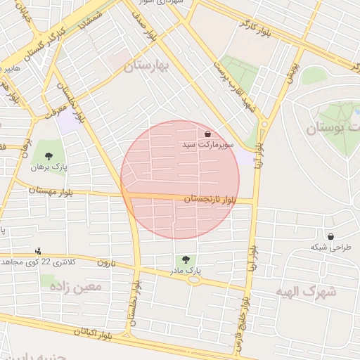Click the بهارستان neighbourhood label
(x=148, y=67)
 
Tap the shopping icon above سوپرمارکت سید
(x=207, y=133)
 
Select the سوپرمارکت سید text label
(x=207, y=144)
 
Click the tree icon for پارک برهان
(x=49, y=156)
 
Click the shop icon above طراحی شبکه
(x=330, y=236)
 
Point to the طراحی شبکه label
(x=331, y=247)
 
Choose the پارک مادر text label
(x=186, y=270)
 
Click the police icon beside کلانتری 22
(x=38, y=251)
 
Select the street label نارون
(x=105, y=262)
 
